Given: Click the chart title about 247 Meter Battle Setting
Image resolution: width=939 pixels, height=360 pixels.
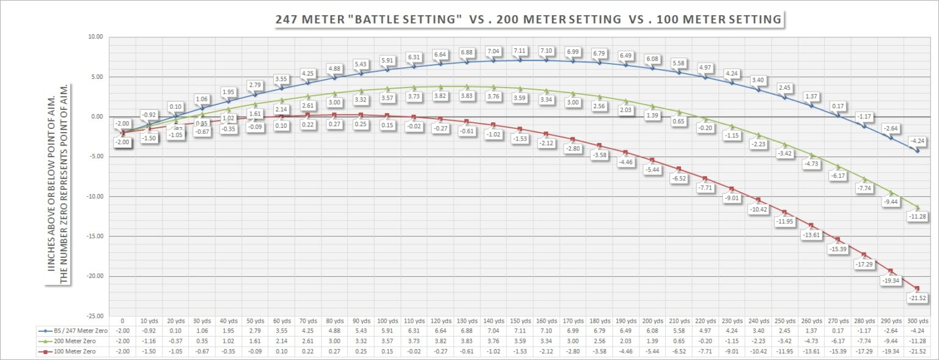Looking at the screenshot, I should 529,20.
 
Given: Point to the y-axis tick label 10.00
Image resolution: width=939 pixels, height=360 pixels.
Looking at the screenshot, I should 95,37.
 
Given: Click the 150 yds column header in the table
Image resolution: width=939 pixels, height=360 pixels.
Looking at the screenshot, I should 520,321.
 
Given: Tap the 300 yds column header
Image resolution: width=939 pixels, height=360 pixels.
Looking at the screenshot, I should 916,321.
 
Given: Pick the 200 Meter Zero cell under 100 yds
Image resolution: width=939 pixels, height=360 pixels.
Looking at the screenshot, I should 387,341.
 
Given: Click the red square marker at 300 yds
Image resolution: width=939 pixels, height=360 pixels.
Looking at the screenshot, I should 916,288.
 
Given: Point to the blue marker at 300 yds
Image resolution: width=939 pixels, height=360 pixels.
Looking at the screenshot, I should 916,150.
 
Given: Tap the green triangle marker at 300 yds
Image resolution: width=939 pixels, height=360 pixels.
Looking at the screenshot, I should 916,207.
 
